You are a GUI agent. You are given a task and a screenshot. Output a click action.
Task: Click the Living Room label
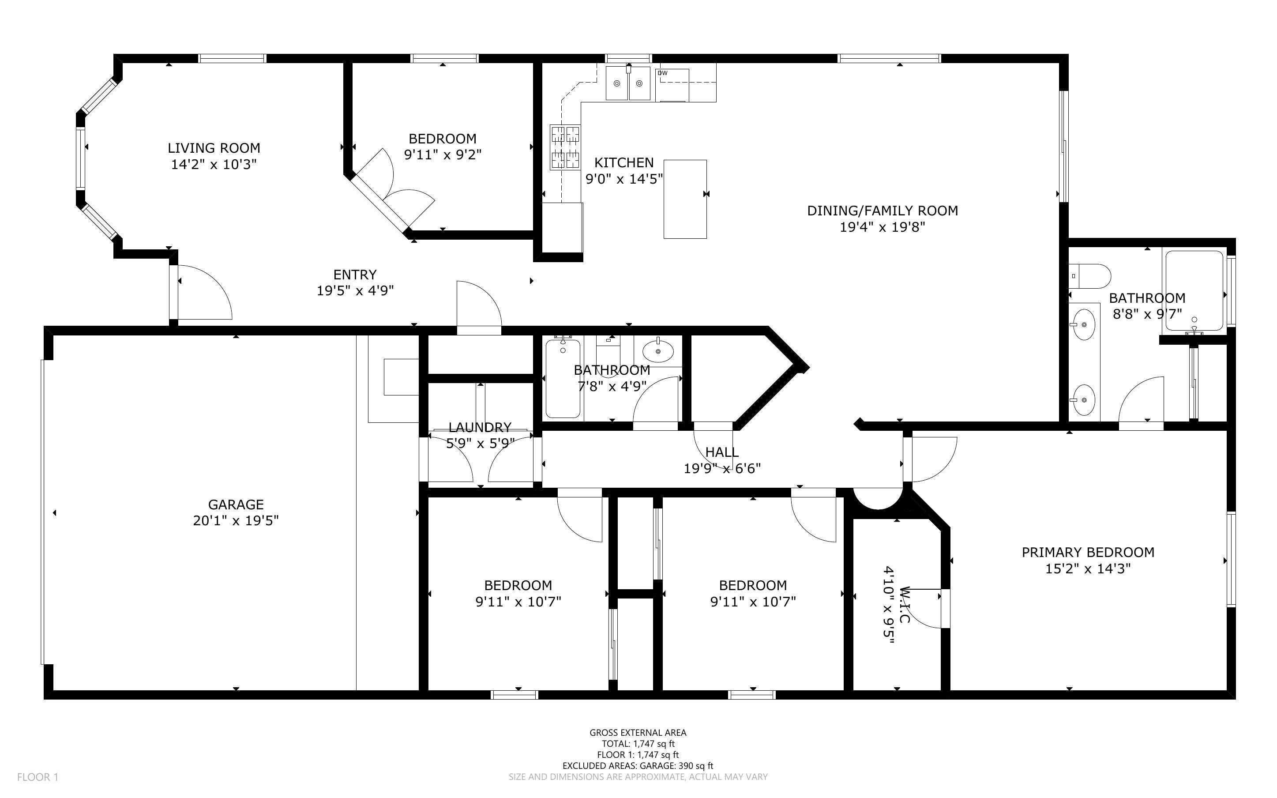point(214,148)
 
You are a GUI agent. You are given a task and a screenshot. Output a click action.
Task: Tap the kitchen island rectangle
point(685,199)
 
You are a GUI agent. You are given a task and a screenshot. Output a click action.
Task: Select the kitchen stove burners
point(565,147)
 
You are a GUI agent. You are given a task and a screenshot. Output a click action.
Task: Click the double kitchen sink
point(627,83)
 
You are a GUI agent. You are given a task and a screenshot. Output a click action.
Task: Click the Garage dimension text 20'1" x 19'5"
point(236,520)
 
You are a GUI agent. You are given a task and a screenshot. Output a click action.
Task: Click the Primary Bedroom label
point(1088,552)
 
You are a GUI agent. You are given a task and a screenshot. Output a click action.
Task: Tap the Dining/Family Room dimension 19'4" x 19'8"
point(883,227)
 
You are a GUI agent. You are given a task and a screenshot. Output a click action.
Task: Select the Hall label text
point(722,452)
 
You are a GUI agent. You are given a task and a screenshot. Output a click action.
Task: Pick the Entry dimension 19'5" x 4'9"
point(355,290)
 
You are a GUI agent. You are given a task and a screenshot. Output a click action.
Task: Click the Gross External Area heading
point(638,733)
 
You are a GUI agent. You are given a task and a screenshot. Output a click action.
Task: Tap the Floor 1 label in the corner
point(38,777)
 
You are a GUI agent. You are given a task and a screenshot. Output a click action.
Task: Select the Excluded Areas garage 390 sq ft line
point(638,766)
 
